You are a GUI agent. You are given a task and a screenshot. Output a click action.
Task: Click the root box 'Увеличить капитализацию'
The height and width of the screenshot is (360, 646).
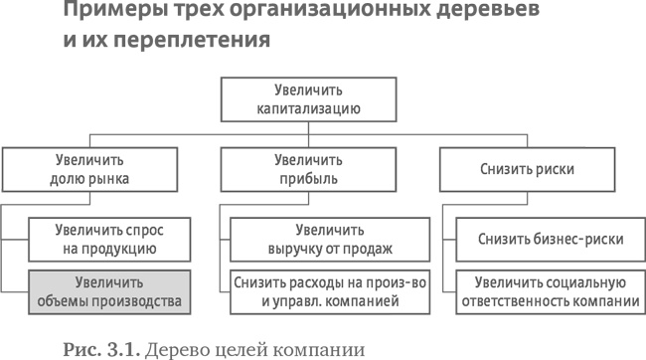(322, 99)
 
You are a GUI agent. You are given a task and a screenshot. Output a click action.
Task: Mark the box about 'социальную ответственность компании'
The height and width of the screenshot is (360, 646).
(549, 291)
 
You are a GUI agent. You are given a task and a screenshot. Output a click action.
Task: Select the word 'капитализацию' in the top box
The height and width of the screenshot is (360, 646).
(322, 108)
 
